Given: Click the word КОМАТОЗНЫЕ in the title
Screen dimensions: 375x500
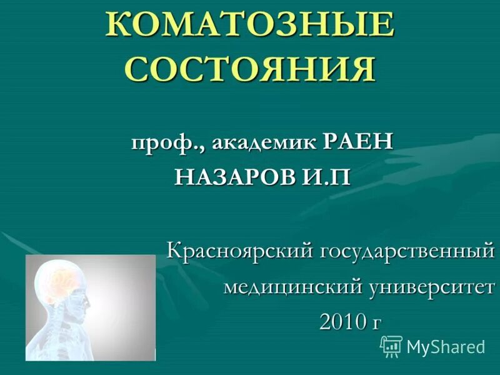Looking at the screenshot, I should pos(250,25).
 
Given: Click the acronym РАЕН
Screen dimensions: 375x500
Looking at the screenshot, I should pos(359,141).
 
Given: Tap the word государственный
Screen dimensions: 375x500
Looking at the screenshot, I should pos(407,252).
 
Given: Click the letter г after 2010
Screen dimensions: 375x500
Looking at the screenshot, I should pos(376,322).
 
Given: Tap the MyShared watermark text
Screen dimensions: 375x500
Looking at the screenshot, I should pos(446,347).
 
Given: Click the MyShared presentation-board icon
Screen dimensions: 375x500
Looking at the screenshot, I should pos(391,346).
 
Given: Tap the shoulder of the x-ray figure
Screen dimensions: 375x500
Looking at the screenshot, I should pos(44,341).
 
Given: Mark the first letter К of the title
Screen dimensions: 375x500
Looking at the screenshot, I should pos(119,25).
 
